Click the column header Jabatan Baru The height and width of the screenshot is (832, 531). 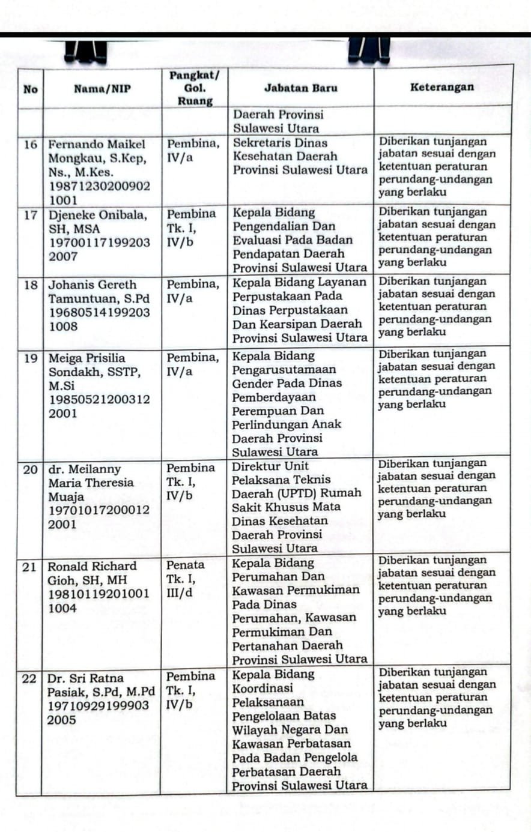pos(300,88)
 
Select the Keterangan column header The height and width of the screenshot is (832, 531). pos(442,87)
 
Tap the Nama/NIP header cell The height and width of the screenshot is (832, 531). pos(102,89)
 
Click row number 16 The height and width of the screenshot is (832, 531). pos(31,145)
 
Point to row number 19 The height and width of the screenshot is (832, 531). pos(31,358)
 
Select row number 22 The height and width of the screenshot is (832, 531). pos(29,679)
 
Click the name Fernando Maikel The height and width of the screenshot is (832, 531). pos(97,145)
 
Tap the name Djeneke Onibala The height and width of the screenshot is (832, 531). pos(97,215)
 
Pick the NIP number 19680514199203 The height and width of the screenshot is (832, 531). pos(99,312)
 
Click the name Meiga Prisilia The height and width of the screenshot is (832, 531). pos(86,358)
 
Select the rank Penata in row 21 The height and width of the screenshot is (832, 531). pos(185,565)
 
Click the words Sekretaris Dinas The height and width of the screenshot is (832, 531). pos(280,143)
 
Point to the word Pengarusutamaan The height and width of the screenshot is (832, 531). pos(284,370)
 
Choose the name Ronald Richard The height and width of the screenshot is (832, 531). pos(92,566)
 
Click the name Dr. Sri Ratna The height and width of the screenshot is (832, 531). pos(85,679)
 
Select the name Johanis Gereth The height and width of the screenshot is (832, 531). pos(92,285)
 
